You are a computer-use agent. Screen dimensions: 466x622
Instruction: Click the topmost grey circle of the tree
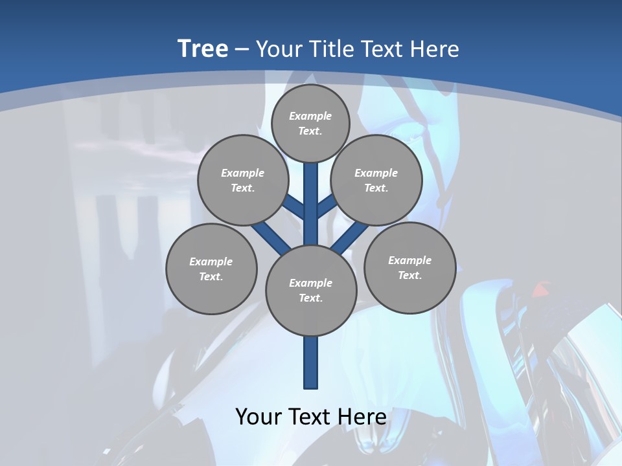tap(310, 124)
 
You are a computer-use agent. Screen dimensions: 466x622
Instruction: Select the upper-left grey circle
tap(242, 180)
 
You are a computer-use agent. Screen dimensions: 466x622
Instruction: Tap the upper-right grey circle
tap(376, 180)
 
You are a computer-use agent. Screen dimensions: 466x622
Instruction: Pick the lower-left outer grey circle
tap(211, 269)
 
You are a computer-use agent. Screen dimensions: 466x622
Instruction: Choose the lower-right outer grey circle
tap(409, 267)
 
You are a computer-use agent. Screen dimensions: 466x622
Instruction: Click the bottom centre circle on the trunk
tap(311, 291)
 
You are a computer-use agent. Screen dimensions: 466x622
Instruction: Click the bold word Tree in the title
tap(203, 49)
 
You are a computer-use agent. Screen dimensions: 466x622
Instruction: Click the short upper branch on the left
tap(294, 207)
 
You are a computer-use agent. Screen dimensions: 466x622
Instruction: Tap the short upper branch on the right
tap(327, 207)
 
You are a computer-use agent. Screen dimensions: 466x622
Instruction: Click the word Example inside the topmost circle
tap(310, 116)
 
